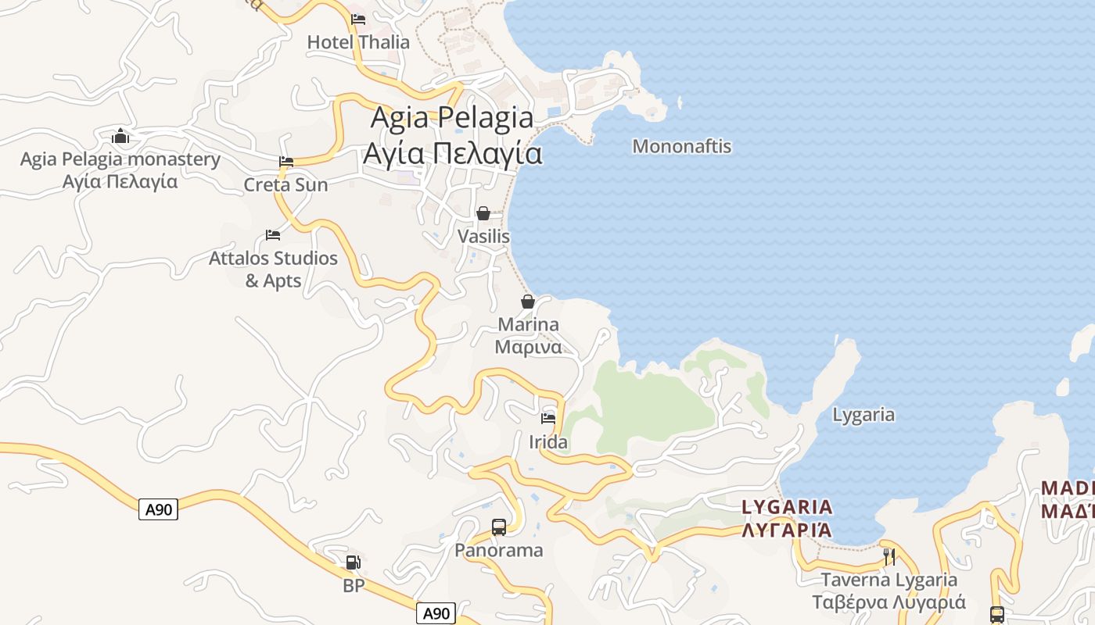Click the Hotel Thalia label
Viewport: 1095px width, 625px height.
point(358,42)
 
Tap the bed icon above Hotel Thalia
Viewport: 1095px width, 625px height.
point(358,19)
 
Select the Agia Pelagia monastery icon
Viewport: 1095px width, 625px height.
point(120,137)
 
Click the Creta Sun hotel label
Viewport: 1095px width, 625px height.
point(285,185)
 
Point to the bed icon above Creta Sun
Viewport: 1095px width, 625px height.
point(286,162)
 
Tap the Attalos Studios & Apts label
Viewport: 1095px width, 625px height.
point(273,269)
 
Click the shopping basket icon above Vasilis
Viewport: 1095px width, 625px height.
point(483,213)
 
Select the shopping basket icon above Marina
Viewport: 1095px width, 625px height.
point(528,302)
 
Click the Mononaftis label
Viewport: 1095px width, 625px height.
point(681,146)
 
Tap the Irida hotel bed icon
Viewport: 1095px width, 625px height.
point(548,419)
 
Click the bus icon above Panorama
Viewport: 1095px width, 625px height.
point(499,527)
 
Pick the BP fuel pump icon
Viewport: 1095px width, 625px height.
point(354,562)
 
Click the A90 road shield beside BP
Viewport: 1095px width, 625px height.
point(159,509)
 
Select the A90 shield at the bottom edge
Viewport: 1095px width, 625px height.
point(436,613)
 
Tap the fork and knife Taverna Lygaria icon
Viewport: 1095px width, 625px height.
point(889,556)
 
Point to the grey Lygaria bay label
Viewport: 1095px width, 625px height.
point(863,415)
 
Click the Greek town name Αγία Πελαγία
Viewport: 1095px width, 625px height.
point(452,153)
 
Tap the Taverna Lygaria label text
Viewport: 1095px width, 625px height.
point(889,591)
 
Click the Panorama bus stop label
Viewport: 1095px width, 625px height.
point(499,550)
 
